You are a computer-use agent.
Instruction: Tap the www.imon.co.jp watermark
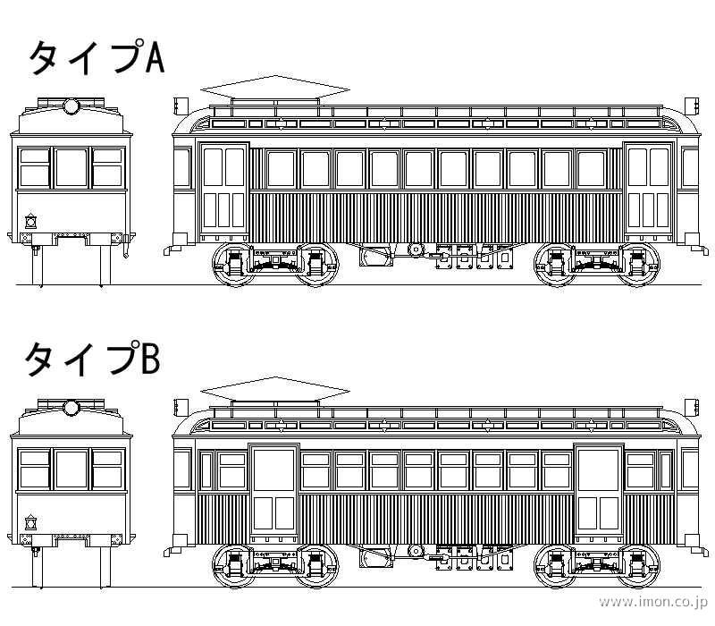coord(652,602)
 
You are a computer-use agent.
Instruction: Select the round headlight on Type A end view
coord(71,107)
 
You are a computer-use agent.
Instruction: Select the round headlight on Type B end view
coord(71,409)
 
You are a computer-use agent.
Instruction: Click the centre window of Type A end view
coord(71,167)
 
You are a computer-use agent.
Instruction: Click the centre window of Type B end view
coord(71,469)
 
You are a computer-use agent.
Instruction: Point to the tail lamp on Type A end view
coord(31,219)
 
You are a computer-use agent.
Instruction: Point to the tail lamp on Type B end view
coord(31,521)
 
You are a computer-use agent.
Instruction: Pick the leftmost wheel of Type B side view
coord(233,566)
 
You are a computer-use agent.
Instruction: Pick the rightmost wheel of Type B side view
coord(639,566)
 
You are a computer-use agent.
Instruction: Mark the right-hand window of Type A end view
coord(108,167)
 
